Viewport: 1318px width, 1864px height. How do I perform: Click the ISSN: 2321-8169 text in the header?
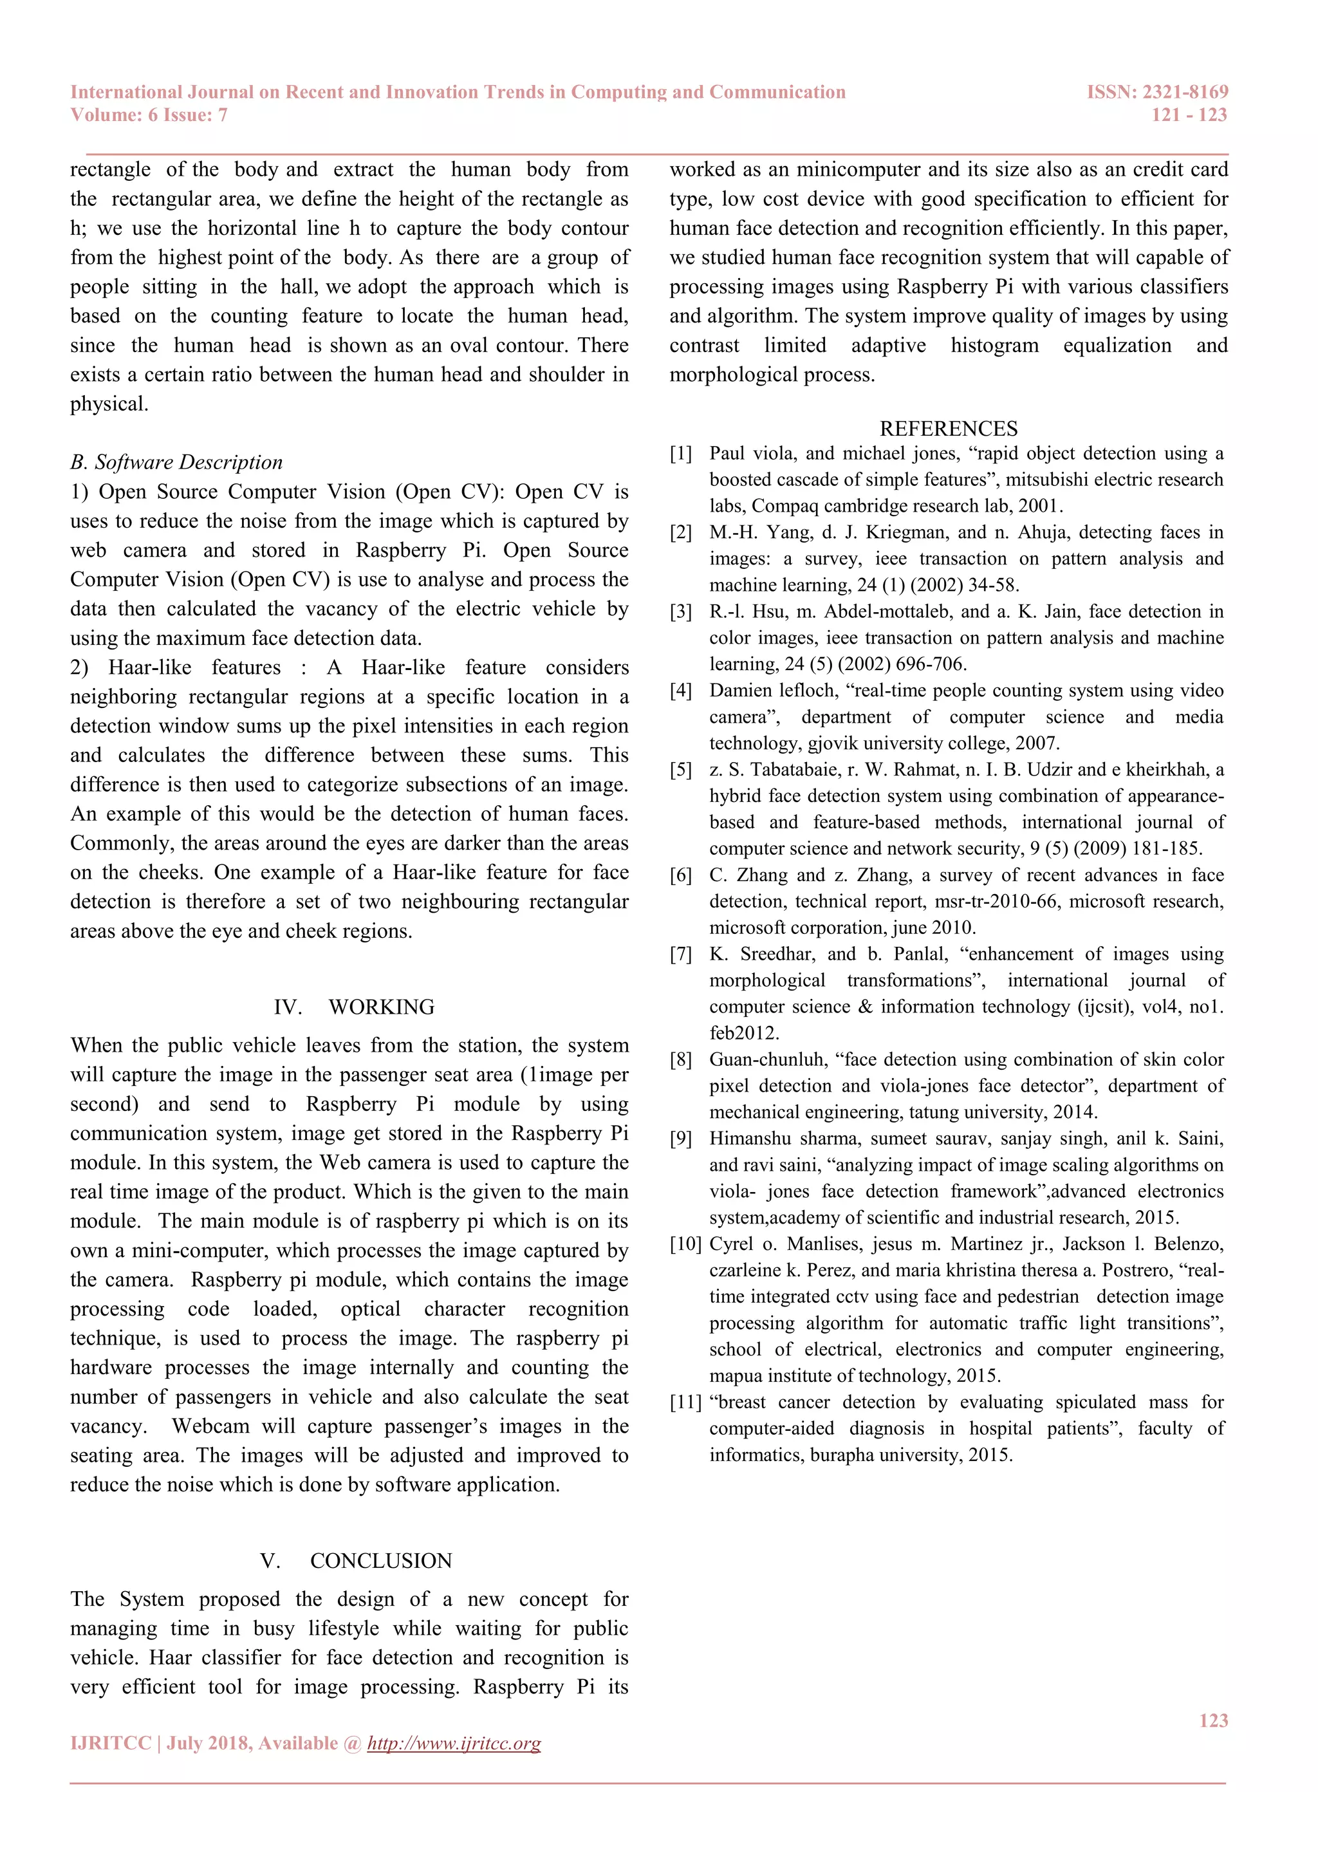coord(1157,93)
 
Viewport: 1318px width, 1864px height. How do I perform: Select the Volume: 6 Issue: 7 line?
coord(149,115)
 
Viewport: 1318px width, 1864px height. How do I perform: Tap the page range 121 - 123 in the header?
coord(1189,115)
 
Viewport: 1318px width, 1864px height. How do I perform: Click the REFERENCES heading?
coord(948,429)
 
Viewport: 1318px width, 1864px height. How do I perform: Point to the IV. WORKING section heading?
coord(354,1007)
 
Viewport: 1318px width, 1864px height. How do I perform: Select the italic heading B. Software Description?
coord(176,463)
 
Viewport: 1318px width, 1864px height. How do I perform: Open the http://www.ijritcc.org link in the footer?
coord(454,1743)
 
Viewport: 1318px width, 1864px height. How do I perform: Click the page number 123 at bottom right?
coord(1213,1720)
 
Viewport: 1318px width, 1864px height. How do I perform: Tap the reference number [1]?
coord(680,454)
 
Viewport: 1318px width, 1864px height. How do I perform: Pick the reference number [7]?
coord(680,955)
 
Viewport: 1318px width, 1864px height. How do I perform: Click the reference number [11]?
coord(685,1403)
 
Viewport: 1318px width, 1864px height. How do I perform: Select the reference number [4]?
coord(680,691)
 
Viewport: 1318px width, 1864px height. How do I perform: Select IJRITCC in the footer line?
coord(111,1743)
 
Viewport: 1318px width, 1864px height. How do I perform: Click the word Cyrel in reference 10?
coord(731,1245)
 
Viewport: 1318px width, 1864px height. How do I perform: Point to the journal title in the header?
coord(458,93)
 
